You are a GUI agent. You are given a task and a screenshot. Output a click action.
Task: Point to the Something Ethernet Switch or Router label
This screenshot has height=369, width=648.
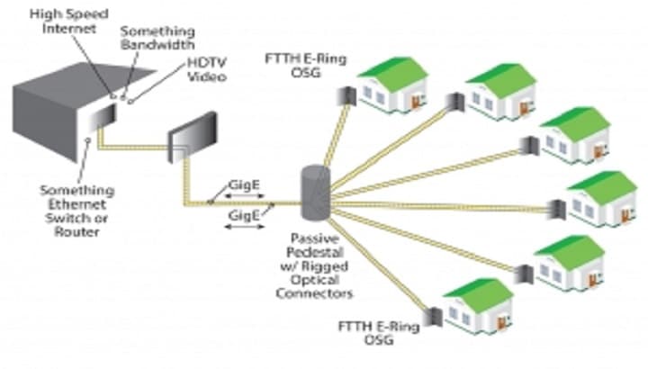tap(76, 211)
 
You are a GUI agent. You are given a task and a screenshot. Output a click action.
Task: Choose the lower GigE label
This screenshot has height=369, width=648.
tap(240, 216)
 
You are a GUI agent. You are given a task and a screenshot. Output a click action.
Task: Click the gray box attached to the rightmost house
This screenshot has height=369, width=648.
tap(556, 211)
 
